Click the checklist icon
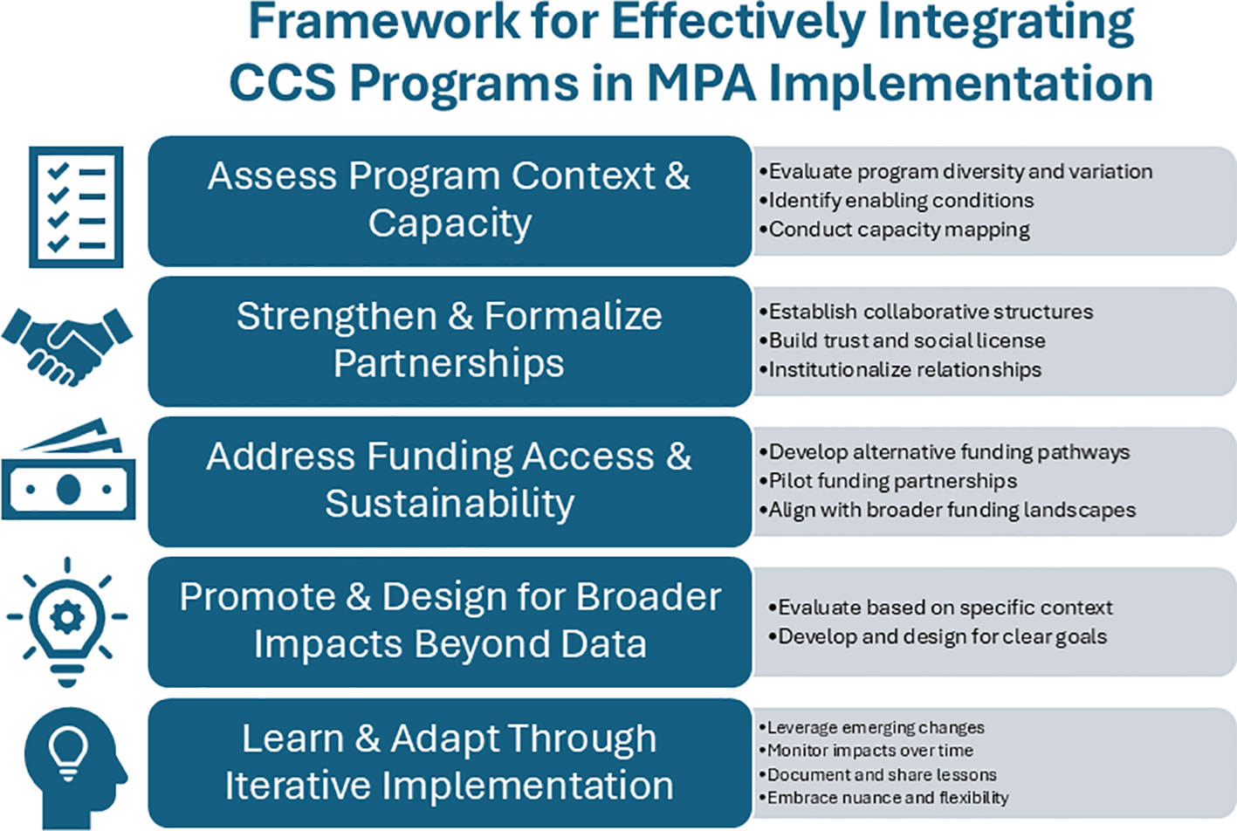(76, 207)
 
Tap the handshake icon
(67, 347)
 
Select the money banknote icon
(68, 470)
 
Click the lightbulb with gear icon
(67, 622)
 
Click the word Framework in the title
(384, 22)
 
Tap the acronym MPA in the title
(701, 84)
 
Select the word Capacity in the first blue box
(450, 223)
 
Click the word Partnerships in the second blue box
(449, 363)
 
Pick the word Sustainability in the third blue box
(450, 505)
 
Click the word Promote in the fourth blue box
(257, 597)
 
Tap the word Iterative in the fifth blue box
(298, 785)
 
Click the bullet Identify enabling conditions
(897, 201)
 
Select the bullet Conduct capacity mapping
(895, 230)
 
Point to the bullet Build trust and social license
(903, 340)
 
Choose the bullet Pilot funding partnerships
(888, 481)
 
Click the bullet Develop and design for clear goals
(938, 636)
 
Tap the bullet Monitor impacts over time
(866, 751)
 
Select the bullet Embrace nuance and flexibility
(883, 798)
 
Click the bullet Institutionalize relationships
(900, 369)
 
